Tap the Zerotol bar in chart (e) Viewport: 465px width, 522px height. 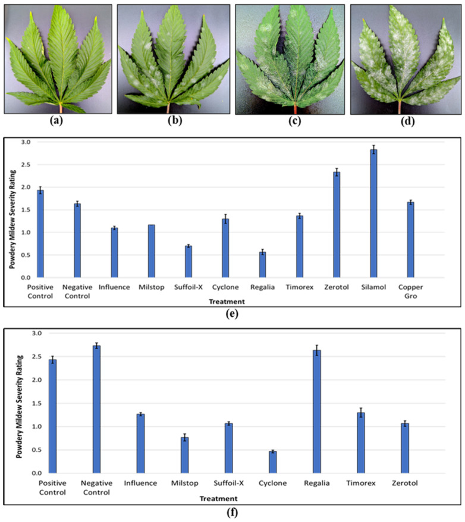point(337,225)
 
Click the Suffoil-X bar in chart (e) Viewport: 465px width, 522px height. point(188,262)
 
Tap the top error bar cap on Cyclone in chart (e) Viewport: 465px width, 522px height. point(225,215)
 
